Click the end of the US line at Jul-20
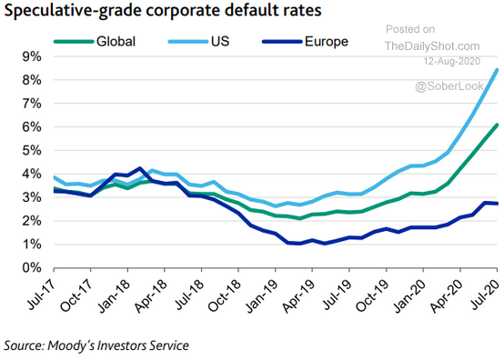(x=497, y=70)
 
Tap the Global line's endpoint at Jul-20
(x=497, y=125)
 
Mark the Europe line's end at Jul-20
(x=497, y=204)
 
